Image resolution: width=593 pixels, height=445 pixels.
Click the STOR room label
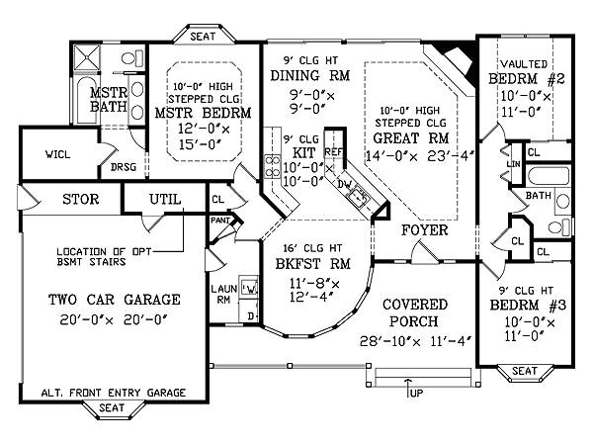[x=80, y=199]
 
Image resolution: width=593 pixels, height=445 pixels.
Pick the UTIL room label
[x=165, y=199]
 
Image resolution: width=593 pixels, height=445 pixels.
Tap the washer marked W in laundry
[x=250, y=289]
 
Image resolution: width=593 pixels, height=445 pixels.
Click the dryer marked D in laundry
[x=251, y=315]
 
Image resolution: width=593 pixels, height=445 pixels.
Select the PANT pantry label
[x=219, y=220]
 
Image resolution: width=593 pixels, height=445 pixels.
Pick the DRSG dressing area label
[x=124, y=167]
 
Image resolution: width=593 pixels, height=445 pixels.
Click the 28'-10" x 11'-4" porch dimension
[x=415, y=341]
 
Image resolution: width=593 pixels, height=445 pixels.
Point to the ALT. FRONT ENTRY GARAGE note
[x=113, y=393]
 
